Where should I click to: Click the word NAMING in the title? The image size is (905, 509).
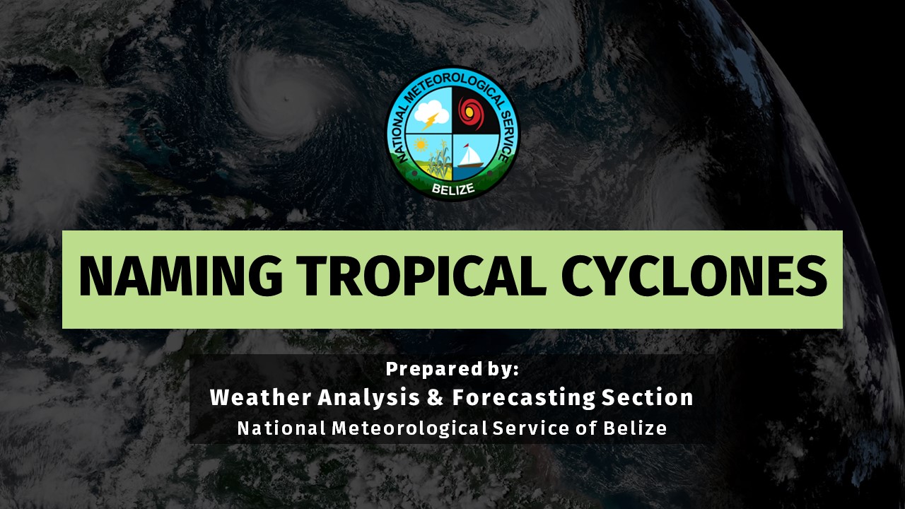coord(180,276)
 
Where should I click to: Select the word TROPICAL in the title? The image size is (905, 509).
coord(421,276)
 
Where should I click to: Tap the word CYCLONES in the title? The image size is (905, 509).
coord(694,276)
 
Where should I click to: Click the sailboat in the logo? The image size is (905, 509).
coord(471,156)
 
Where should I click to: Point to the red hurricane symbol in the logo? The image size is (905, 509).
coord(471,113)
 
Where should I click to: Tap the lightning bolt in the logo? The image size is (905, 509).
coord(431,121)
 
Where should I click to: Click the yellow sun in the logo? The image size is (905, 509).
coord(421,145)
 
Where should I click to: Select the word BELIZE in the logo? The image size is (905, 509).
coord(453,189)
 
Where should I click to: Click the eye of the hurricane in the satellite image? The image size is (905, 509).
coord(286,98)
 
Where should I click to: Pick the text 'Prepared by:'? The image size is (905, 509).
coord(452,369)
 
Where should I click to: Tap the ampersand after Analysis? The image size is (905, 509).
coord(435,397)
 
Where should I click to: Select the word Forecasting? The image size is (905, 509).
coord(524,397)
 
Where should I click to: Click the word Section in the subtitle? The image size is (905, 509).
coord(648,397)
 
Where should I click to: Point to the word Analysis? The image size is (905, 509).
coord(369,398)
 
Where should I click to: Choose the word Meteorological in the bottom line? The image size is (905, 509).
coord(409,428)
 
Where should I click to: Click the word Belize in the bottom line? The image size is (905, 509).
coord(635,428)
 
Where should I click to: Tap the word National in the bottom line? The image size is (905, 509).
coord(281,428)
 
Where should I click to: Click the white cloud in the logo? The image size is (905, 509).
coord(431,112)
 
